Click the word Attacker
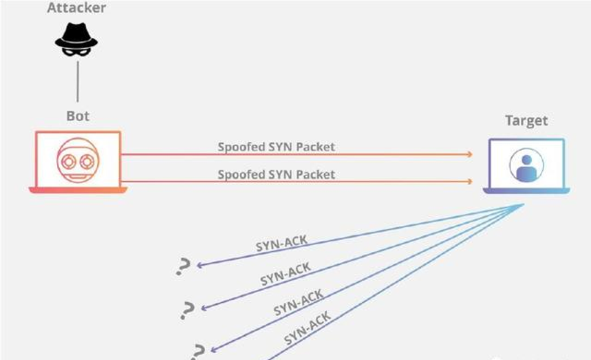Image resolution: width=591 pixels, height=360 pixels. coord(76,8)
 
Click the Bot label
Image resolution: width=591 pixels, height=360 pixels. coord(78,116)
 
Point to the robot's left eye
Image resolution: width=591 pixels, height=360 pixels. coord(69,160)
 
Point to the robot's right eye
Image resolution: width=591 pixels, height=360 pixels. coord(87,160)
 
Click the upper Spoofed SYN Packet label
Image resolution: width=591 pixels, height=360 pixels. coord(277,147)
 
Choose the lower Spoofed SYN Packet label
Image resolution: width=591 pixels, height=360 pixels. coord(277,174)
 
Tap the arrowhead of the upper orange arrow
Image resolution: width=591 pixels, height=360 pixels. coord(469,154)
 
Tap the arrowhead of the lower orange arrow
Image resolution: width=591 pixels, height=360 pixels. coord(469,182)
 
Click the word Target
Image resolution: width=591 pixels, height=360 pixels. coord(526,120)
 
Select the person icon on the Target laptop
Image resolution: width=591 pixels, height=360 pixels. coord(526,166)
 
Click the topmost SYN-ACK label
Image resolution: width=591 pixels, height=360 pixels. coord(281,243)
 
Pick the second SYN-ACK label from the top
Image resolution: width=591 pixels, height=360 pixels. coord(286,273)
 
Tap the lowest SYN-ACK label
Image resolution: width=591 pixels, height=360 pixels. coord(308,328)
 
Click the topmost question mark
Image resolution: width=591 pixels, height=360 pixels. coord(182,266)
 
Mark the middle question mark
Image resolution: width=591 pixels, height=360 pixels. coord(186,310)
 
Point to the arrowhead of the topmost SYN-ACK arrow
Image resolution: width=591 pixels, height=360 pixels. coord(199,265)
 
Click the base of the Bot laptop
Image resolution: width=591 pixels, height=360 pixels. coord(78,190)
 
